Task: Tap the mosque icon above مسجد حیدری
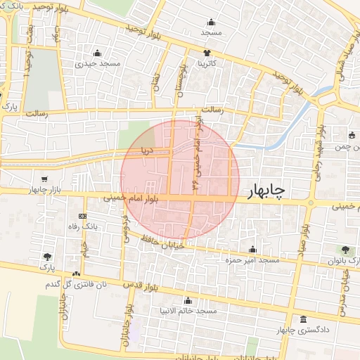(x=97, y=53)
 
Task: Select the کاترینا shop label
(x=207, y=63)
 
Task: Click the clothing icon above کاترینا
(x=207, y=53)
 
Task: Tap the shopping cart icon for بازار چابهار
(x=45, y=179)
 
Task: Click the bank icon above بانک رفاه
(x=83, y=216)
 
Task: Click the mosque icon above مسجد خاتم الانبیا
(x=188, y=300)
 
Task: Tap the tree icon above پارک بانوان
(x=345, y=250)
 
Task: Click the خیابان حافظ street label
(x=167, y=243)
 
